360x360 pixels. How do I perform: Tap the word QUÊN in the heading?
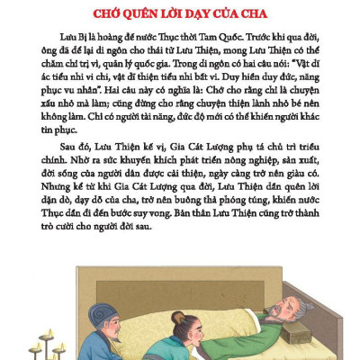(x=142, y=15)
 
